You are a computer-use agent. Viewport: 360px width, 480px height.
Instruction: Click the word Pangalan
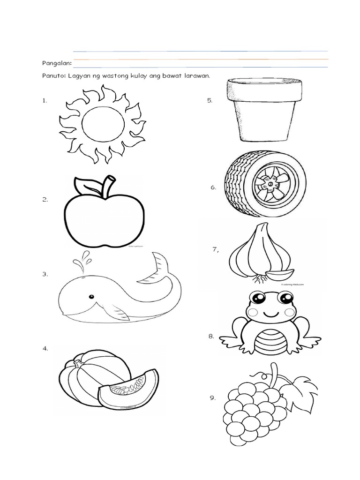[55, 62]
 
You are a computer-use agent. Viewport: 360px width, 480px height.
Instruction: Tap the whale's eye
[92, 296]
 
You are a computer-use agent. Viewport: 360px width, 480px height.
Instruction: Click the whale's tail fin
[160, 265]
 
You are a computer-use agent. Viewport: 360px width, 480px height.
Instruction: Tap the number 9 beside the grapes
[213, 398]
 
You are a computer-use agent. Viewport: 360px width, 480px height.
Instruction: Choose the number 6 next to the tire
[213, 187]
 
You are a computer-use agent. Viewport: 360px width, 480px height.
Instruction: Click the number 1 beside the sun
[45, 100]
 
